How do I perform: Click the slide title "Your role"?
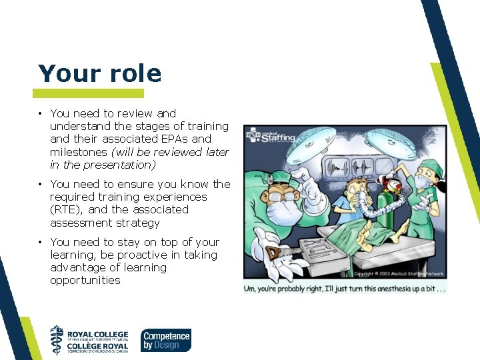point(99,73)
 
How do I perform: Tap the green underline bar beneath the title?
point(88,93)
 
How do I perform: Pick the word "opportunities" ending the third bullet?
point(85,280)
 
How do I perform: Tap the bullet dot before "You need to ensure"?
point(41,184)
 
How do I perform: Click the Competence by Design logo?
point(165,340)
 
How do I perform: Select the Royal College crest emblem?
point(57,340)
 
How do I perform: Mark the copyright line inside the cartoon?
point(399,273)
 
